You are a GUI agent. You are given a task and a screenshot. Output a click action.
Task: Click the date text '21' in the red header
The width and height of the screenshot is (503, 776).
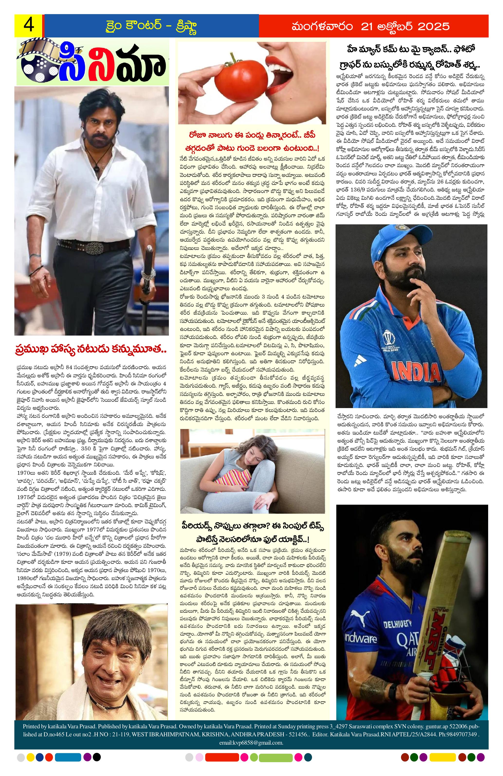coord(366,26)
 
